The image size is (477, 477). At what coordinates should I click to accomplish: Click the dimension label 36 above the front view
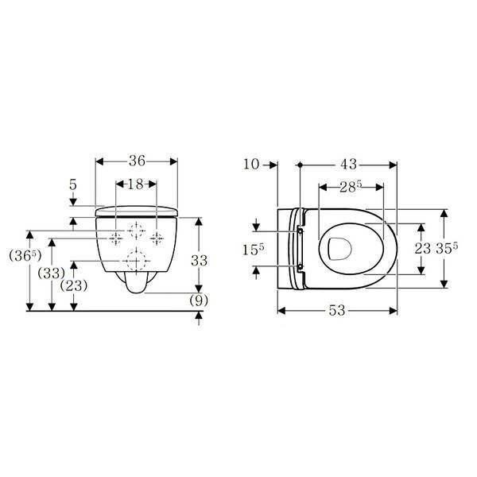coord(137,161)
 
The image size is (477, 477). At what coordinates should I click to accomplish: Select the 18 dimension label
coord(136,184)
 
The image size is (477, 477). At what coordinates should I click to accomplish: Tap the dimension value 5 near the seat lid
coord(73,184)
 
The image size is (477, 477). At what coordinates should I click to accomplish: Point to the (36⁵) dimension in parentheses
coord(25,255)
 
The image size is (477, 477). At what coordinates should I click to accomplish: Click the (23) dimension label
coord(74,285)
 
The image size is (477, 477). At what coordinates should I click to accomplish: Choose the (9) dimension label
coord(199,301)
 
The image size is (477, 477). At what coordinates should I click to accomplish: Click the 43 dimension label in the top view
coord(349,165)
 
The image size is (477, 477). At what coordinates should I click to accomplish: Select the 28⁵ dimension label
coord(351,187)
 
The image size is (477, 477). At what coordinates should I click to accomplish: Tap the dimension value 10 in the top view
coord(251,165)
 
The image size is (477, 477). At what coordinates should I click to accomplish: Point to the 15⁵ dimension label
coord(253,250)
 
